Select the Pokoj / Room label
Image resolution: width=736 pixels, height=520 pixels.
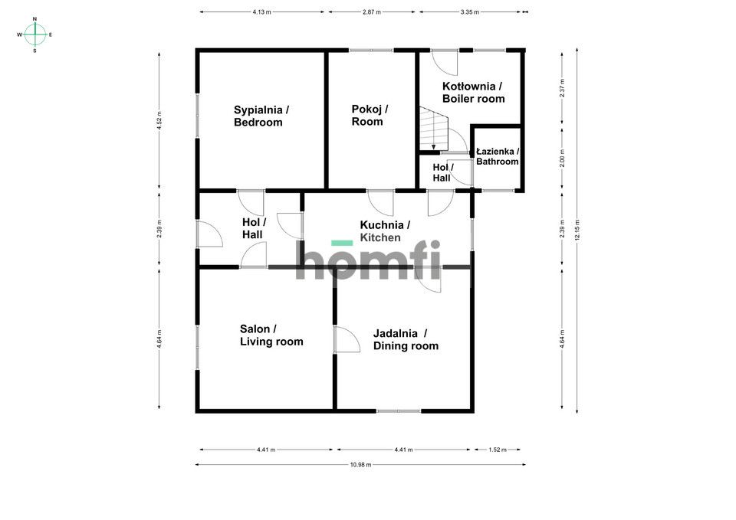click(369, 115)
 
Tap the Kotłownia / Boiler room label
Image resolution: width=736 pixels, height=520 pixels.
click(473, 92)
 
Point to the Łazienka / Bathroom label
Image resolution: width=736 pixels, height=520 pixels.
click(498, 156)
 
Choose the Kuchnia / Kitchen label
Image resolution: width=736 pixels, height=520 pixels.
click(384, 231)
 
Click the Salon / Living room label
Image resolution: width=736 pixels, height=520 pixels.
click(271, 335)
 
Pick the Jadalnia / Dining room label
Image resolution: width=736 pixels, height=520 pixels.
click(406, 339)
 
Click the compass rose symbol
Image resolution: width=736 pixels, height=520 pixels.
click(34, 34)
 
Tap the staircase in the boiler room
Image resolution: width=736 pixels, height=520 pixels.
click(432, 129)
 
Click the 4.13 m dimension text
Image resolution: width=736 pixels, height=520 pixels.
click(262, 12)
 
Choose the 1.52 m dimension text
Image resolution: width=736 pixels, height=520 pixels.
click(498, 450)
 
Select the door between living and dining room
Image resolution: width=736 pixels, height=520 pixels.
click(346, 339)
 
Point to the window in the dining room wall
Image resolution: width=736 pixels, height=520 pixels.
click(398, 411)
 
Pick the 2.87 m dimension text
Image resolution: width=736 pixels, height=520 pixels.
click(372, 12)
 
